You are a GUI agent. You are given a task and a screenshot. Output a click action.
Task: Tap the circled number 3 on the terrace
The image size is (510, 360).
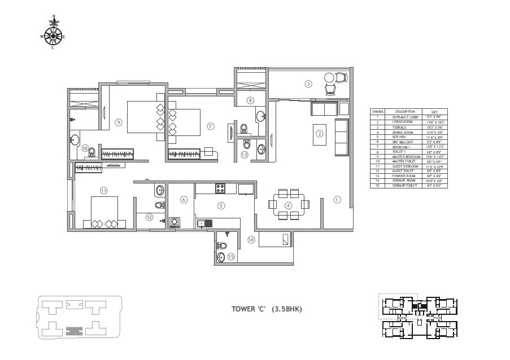[x=308, y=84]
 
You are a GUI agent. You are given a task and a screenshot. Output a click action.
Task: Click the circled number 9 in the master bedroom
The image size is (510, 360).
[x=118, y=121]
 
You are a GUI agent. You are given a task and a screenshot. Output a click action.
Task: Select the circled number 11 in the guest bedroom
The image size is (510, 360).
[x=103, y=190]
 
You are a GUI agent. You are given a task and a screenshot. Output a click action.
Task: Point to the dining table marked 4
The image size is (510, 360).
[x=288, y=205]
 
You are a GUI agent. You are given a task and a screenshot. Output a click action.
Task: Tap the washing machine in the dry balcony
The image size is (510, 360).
[x=175, y=222]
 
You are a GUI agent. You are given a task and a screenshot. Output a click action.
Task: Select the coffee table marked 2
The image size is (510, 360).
[x=319, y=134]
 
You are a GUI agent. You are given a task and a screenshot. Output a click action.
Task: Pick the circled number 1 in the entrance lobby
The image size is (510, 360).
[x=337, y=199]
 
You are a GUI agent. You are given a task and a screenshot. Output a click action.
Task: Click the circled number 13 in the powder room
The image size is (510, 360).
[x=245, y=154]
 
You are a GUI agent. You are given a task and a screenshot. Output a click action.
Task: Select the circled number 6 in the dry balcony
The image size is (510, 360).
[x=184, y=199]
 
